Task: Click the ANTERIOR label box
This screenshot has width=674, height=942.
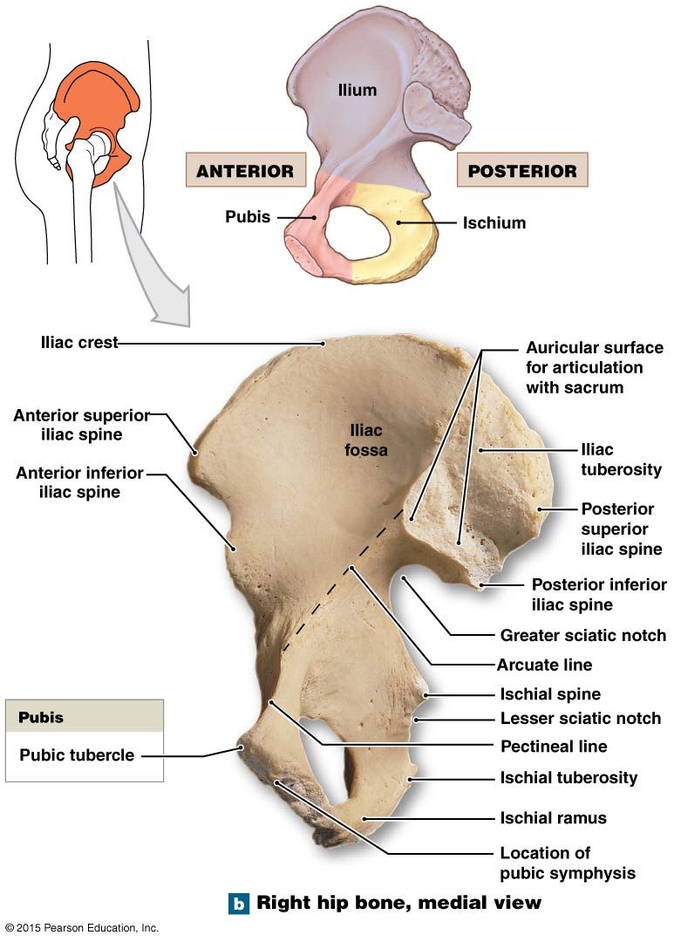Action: coord(246,170)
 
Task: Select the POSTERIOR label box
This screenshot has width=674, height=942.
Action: coord(522,170)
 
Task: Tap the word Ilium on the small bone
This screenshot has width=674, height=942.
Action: coord(357,90)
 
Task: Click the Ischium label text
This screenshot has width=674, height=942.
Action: coord(494,223)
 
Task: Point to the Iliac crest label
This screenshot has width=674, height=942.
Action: coord(79,343)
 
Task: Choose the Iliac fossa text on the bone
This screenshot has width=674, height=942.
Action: coord(366,440)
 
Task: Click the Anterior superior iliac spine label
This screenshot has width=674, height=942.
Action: coord(82,425)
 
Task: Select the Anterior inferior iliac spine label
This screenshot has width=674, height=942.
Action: coord(80,482)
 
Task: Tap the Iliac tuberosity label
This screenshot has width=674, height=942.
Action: coord(621,460)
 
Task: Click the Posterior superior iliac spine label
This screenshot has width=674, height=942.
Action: coord(621,529)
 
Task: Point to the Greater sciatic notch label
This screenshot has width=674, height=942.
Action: coord(582,635)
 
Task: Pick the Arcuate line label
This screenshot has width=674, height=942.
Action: coord(544,665)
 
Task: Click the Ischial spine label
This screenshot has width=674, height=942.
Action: coord(550,694)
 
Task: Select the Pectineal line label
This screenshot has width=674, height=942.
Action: coord(554,746)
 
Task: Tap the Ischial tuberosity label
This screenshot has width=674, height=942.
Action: coord(568,777)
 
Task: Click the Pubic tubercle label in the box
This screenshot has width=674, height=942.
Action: coord(77,754)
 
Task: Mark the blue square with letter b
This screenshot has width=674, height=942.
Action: coord(239,903)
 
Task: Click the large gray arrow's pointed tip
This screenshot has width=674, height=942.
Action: coord(190,326)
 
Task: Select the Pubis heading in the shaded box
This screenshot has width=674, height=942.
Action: coord(41,717)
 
